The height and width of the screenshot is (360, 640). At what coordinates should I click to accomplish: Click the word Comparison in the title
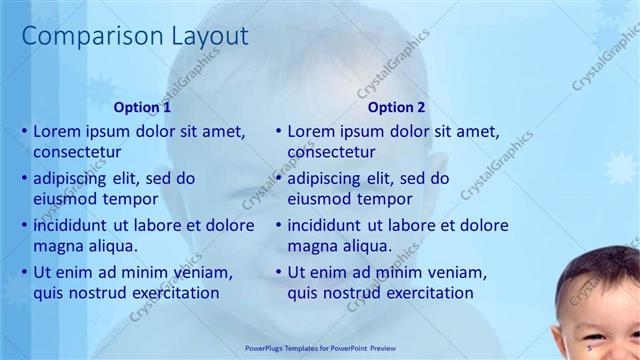[x=83, y=36]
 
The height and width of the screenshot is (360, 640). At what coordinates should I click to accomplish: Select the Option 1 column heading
[x=142, y=107]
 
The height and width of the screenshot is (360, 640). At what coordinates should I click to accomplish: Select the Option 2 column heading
[x=396, y=107]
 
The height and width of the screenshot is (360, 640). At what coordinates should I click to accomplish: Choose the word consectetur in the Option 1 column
[x=77, y=152]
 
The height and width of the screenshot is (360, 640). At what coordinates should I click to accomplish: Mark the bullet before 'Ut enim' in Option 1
[x=24, y=272]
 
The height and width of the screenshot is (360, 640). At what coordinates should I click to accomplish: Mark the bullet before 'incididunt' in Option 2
[x=278, y=225]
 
